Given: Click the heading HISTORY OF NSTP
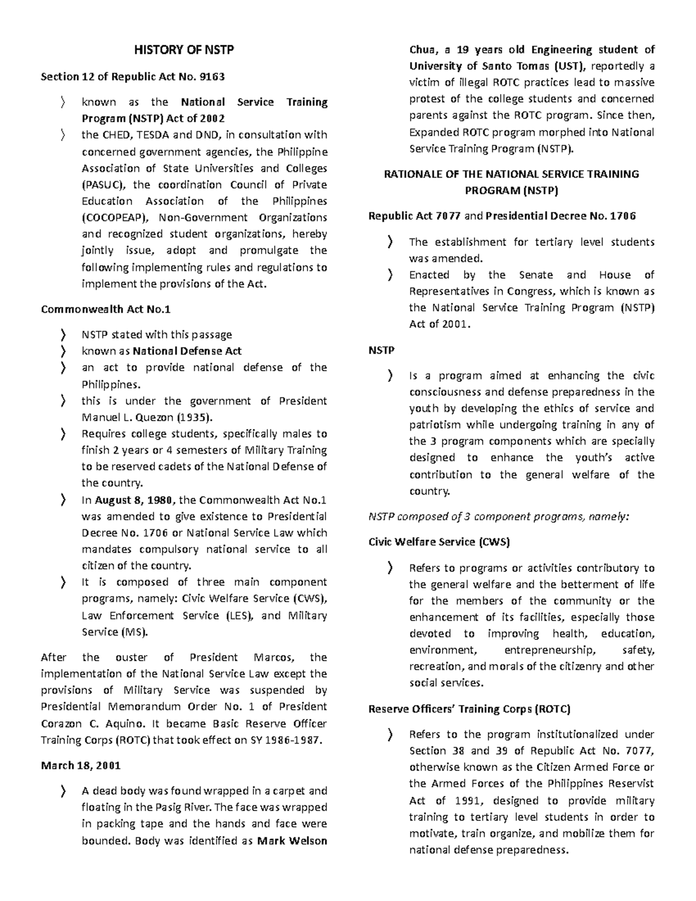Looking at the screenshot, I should (184, 50).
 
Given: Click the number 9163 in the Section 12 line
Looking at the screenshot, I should (212, 77).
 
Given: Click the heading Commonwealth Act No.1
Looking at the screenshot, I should (106, 309).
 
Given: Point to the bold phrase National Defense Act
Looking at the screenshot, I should (187, 351).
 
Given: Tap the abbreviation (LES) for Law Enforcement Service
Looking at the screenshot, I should (238, 616).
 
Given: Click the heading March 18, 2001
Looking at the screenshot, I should (81, 766).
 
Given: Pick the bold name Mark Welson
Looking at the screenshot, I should (292, 841).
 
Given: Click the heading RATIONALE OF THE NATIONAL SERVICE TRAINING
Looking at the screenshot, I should (511, 174).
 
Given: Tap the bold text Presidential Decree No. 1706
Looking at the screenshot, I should (560, 216).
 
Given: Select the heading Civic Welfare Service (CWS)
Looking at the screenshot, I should (439, 542).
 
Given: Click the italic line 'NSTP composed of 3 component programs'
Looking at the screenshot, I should (498, 516).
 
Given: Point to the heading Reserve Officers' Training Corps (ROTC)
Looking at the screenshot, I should (469, 709).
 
